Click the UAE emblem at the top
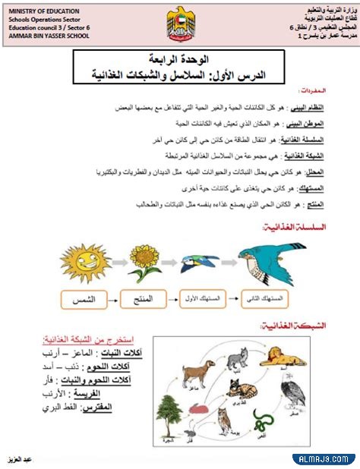pos(180,24)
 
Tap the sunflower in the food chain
pos(144,261)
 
